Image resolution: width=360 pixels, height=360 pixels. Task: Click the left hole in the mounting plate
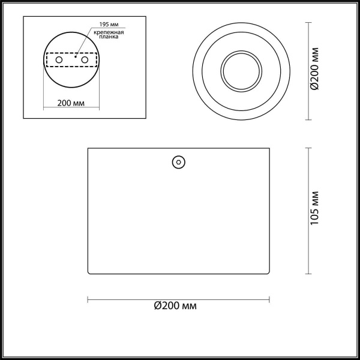click(59, 61)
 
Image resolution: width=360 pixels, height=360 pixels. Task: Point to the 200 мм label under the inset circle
click(70, 103)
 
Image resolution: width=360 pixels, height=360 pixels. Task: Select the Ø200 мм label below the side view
click(176, 307)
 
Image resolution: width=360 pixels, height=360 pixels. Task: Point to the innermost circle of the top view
click(241, 70)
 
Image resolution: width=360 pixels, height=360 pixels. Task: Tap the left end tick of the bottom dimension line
click(88, 299)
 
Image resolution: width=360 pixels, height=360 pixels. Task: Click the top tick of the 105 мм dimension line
click(308, 148)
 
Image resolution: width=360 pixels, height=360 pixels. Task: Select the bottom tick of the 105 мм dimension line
click(308, 274)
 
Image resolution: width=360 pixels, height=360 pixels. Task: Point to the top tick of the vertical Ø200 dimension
click(308, 22)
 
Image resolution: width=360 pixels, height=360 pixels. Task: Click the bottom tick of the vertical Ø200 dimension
click(308, 119)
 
